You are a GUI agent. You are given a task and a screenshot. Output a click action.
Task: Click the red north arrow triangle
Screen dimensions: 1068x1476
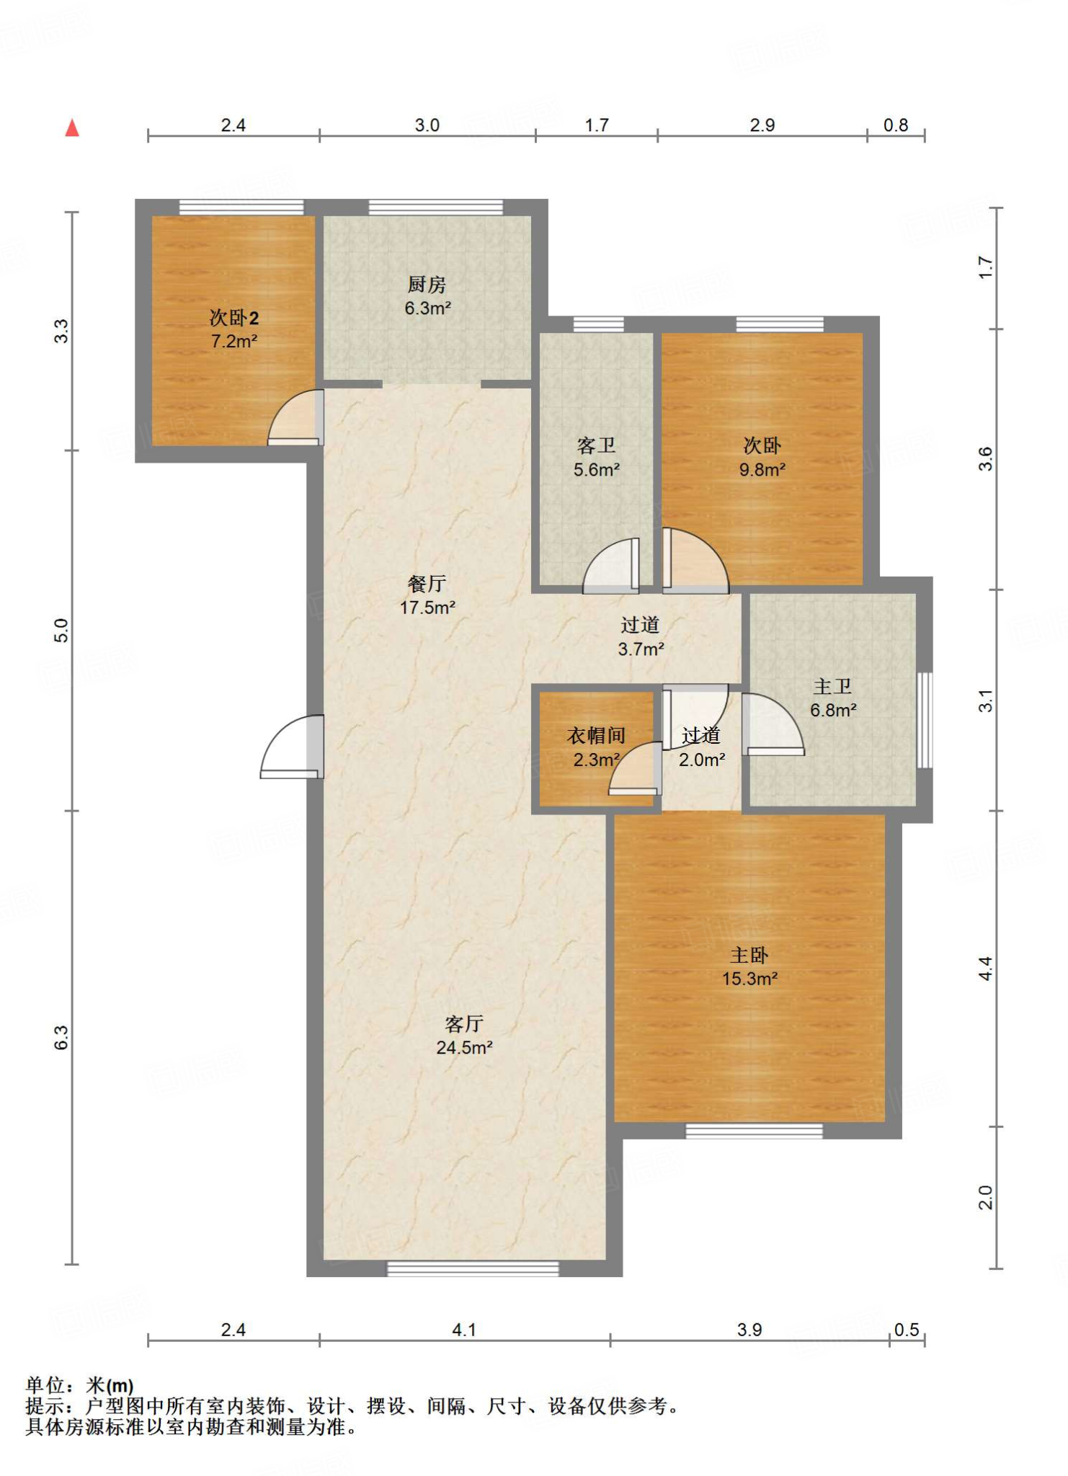pos(72,128)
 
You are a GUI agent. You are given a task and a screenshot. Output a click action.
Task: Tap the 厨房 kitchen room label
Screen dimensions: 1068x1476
pos(427,285)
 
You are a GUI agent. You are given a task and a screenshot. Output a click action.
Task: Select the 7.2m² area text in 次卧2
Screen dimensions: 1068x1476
pos(234,341)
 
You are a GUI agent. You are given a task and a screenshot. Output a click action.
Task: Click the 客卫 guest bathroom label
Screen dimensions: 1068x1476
pos(597,445)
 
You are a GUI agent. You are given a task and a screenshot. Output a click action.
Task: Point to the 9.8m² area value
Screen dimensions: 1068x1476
pos(762,470)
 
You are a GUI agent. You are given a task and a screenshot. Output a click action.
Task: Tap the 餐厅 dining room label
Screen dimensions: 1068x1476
pos(427,583)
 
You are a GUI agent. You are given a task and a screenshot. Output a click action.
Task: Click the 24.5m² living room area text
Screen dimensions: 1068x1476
pos(464,1048)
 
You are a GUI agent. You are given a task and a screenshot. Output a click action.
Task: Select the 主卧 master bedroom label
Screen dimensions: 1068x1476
pos(749,955)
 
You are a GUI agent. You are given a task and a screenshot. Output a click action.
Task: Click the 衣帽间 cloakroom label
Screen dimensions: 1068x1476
pos(596,735)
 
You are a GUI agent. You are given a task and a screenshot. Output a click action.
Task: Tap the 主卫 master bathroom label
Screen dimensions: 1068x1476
pos(832,686)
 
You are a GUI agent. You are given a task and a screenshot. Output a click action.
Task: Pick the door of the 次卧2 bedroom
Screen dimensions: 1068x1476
pos(295,417)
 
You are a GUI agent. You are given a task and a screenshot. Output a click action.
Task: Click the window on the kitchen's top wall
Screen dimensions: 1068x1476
pos(436,207)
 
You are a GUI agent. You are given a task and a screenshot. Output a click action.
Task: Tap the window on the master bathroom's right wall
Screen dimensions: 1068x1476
pos(925,720)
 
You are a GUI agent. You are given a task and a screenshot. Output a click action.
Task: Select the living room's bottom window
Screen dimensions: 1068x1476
pos(473,1268)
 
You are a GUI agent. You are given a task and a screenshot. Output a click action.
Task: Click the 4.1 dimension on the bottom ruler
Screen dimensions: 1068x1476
pos(464,1330)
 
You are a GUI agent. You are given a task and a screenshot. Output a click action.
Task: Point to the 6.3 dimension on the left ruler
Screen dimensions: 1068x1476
pos(61,1037)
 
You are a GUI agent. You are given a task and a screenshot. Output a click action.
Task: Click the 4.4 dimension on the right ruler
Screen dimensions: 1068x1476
pos(985,969)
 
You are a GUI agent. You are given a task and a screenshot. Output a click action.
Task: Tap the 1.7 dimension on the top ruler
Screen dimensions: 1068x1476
pos(597,125)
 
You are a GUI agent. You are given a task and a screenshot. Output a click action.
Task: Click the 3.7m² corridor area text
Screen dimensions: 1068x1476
pos(641,649)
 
